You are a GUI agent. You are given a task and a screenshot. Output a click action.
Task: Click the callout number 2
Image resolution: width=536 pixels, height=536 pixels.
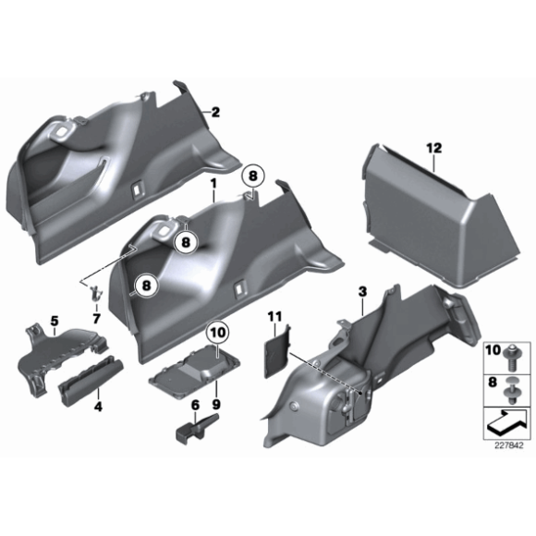pyautogui.click(x=215, y=113)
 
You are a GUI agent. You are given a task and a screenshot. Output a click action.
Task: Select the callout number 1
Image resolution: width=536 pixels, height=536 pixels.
pyautogui.click(x=213, y=184)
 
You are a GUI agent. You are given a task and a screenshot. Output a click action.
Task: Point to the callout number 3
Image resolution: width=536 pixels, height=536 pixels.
pyautogui.click(x=362, y=292)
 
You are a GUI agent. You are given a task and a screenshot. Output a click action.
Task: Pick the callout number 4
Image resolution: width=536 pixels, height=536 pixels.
pyautogui.click(x=97, y=406)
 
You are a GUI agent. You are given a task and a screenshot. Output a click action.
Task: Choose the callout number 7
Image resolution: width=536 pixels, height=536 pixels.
pyautogui.click(x=94, y=318)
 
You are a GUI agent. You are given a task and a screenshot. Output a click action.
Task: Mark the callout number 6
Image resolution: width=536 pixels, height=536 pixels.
pyautogui.click(x=195, y=405)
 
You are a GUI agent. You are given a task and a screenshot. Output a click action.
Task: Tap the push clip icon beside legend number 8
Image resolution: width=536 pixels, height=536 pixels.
pyautogui.click(x=510, y=388)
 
